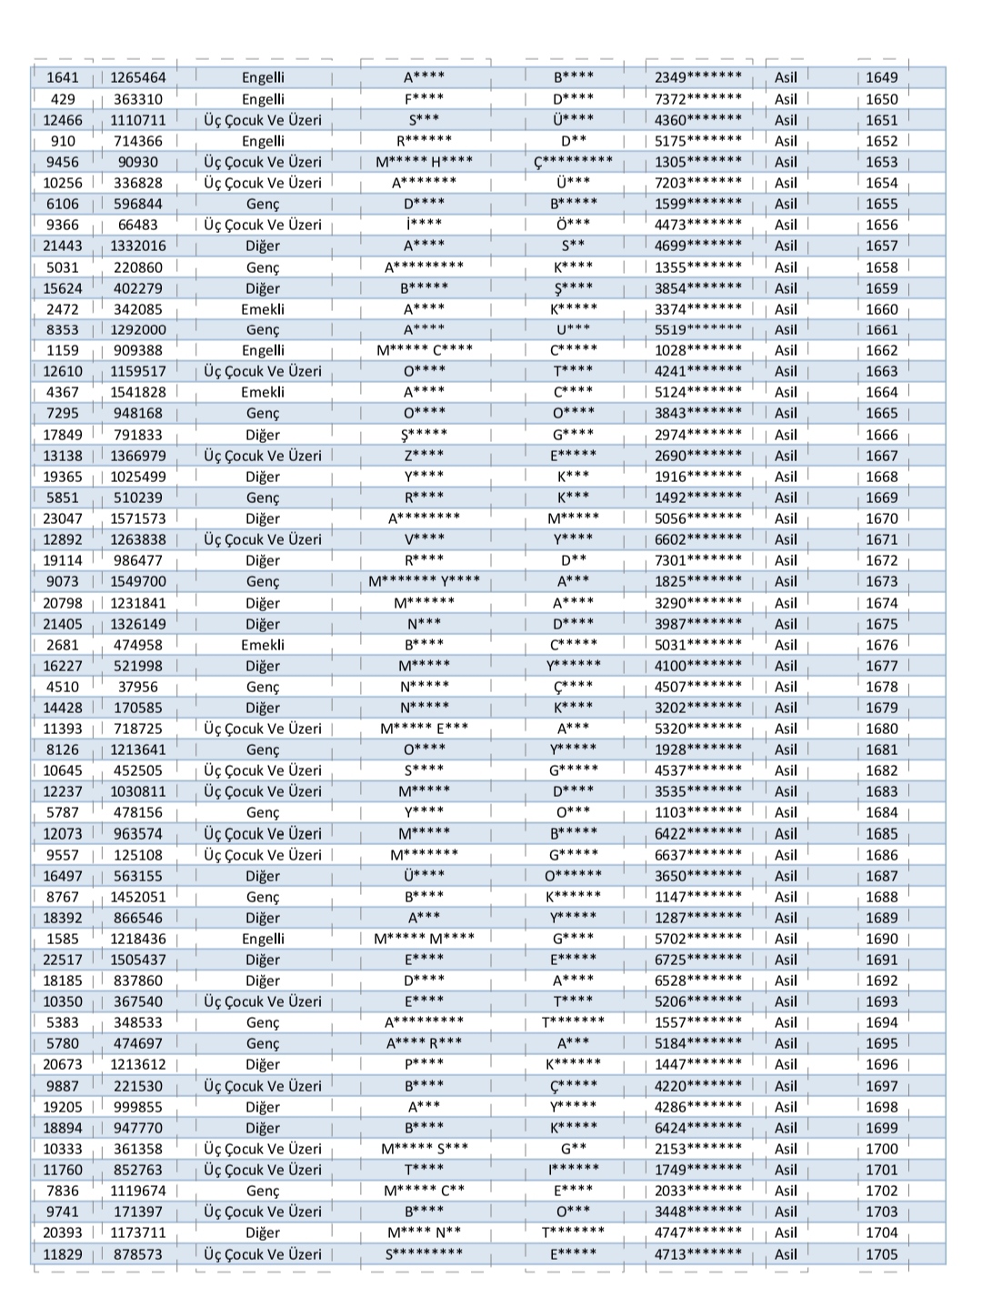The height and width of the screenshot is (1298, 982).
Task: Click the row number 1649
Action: coord(881,78)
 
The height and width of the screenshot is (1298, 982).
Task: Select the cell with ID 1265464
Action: coord(138,78)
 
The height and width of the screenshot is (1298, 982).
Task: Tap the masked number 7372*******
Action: coord(697,99)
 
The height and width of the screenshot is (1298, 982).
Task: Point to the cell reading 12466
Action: coord(63,120)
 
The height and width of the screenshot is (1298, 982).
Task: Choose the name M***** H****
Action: coord(424,162)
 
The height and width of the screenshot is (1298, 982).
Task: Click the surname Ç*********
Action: coord(573,162)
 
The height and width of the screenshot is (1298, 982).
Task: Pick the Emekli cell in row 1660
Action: coord(263,309)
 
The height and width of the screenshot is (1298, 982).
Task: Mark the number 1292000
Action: coord(138,330)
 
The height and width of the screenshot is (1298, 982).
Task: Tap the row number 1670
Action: coord(881,518)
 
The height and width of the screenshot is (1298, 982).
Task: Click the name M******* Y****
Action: coord(424,581)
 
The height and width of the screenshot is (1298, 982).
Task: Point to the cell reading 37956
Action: coord(138,687)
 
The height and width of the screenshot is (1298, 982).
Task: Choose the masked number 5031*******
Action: coord(697,645)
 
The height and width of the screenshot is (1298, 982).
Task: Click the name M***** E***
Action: coord(424,729)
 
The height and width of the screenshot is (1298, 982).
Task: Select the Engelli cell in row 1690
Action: coord(263,939)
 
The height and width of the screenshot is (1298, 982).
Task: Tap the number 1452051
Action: coord(138,897)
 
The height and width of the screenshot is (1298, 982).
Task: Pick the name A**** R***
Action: coord(424,1043)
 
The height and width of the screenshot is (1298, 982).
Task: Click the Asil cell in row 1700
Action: coord(786,1149)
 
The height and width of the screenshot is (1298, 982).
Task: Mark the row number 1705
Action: coord(881,1254)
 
